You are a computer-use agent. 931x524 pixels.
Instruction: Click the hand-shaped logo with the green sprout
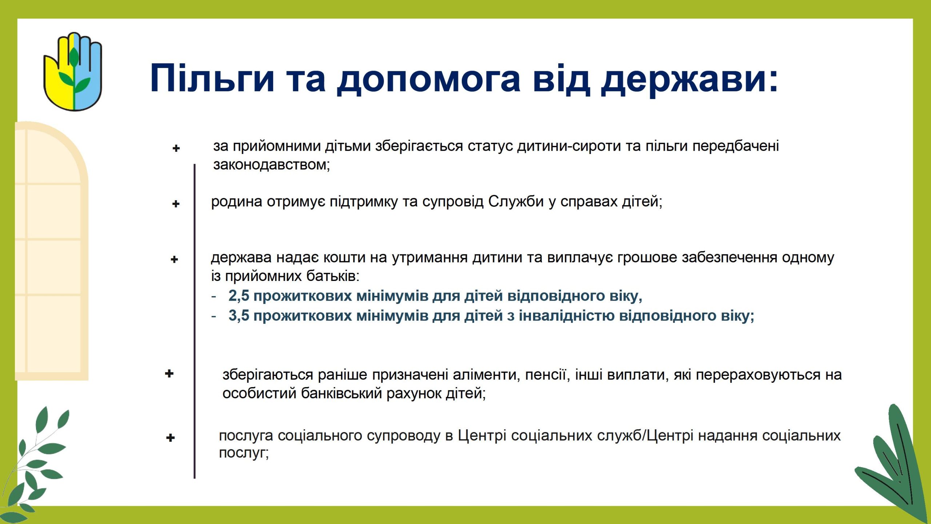click(x=73, y=72)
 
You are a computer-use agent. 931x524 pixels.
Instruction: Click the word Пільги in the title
click(x=212, y=78)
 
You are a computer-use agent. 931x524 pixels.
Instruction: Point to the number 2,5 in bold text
click(x=239, y=296)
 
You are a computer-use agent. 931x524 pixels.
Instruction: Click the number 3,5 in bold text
click(x=239, y=316)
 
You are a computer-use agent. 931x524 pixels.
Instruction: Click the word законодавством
click(x=271, y=165)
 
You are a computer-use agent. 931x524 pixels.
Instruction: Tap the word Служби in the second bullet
click(x=516, y=202)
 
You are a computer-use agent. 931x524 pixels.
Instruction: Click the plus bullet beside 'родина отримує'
click(x=176, y=204)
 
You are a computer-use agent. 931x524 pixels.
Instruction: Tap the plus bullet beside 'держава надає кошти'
click(x=174, y=259)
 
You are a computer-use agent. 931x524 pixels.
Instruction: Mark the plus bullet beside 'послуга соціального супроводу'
click(x=170, y=438)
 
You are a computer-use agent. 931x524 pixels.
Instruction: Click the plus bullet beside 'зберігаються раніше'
click(x=169, y=374)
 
